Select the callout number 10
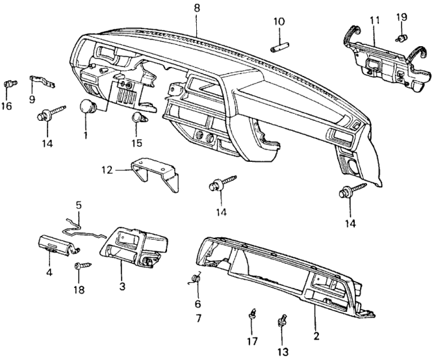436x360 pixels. (279, 22)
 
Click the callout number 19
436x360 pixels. (402, 16)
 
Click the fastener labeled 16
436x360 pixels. (10, 84)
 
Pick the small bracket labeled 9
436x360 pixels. (42, 83)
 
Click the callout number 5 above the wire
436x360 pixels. (79, 205)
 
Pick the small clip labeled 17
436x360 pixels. (253, 316)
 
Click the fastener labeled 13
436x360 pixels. (283, 320)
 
